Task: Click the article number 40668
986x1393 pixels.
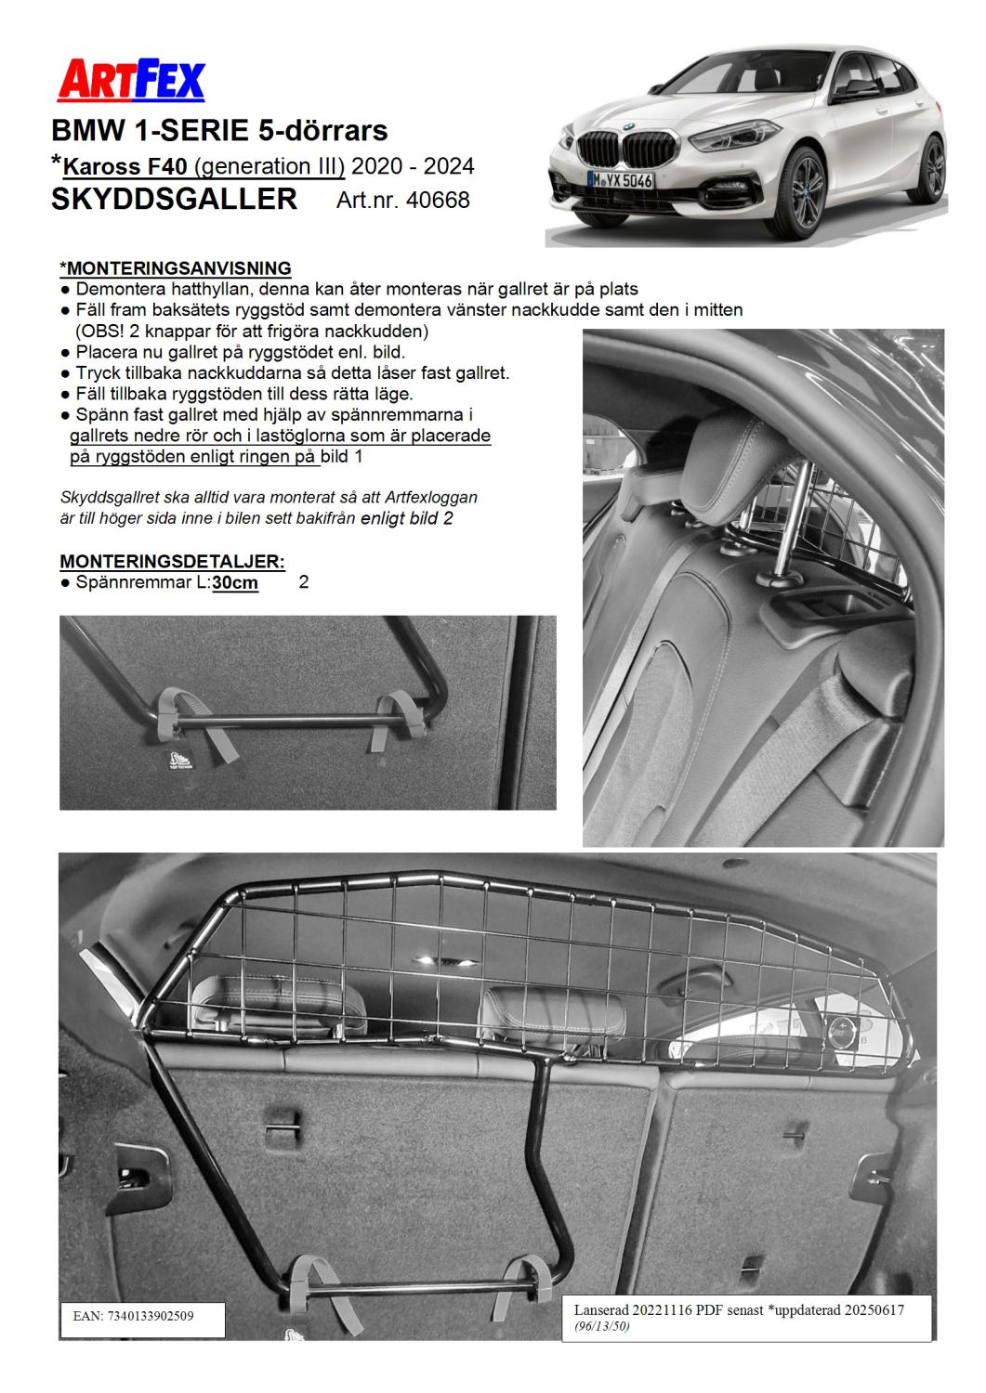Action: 437,200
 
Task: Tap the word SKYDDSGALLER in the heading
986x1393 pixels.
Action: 175,199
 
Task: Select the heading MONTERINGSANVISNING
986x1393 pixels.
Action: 176,269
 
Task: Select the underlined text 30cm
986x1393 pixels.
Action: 235,583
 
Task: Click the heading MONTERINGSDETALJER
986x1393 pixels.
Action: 172,562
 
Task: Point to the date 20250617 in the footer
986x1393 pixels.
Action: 870,1308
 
